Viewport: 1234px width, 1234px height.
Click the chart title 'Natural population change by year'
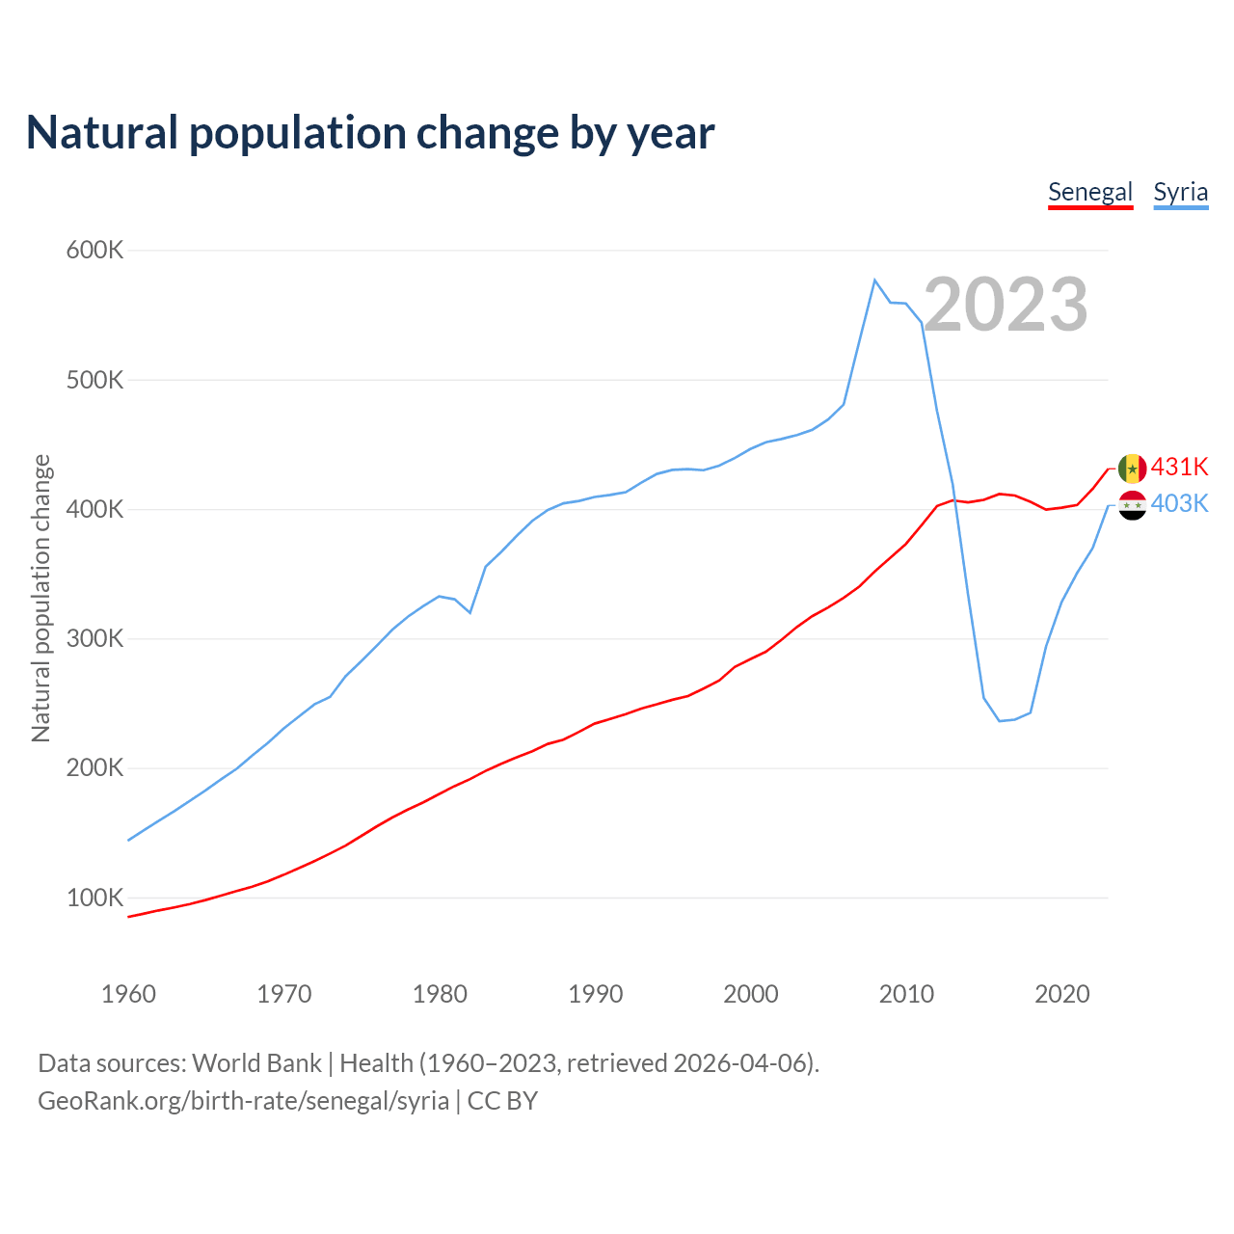370,133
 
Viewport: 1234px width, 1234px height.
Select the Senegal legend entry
1089,192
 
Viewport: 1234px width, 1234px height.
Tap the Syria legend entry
1180,192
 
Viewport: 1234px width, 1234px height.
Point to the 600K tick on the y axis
95,251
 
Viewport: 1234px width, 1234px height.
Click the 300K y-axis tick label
95,639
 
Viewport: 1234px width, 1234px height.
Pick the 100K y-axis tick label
95,899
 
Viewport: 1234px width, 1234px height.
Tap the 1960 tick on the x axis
128,994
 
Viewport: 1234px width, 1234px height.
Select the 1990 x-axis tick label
595,994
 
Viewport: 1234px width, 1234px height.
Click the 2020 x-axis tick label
1061,994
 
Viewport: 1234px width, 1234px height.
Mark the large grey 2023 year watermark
1006,305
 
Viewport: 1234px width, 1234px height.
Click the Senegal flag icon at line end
1132,469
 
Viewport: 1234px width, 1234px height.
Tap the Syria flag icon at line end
1132,505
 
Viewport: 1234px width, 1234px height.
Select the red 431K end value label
1179,467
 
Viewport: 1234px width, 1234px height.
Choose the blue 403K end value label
1179,503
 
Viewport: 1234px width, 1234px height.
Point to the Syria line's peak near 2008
874,281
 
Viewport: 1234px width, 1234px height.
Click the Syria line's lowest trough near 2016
999,721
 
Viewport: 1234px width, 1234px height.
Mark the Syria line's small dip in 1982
469,612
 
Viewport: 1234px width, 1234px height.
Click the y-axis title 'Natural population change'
41,598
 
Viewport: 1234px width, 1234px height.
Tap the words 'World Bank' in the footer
256,1063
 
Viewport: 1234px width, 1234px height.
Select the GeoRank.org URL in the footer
243,1101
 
